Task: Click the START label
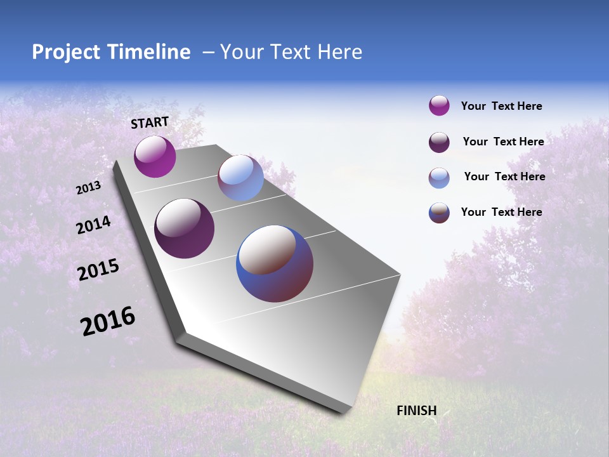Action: [x=150, y=123]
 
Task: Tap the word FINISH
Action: [x=417, y=411]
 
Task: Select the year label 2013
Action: [x=89, y=188]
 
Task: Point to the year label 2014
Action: [x=94, y=225]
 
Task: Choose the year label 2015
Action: [x=98, y=270]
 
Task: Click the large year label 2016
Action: [x=108, y=321]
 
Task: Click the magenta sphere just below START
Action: [x=155, y=157]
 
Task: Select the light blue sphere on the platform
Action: [x=240, y=178]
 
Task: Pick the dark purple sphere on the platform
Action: [x=185, y=228]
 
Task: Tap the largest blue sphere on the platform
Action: [x=275, y=263]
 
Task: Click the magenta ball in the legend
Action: [x=439, y=106]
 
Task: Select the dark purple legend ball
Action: [x=439, y=142]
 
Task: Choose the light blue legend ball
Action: [x=439, y=178]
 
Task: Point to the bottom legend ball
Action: [x=439, y=213]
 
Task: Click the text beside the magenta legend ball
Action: [x=501, y=107]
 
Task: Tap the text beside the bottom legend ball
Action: [x=501, y=212]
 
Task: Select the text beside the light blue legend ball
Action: [x=504, y=176]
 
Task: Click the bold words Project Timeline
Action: [x=111, y=52]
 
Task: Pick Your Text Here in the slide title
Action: [x=291, y=52]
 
